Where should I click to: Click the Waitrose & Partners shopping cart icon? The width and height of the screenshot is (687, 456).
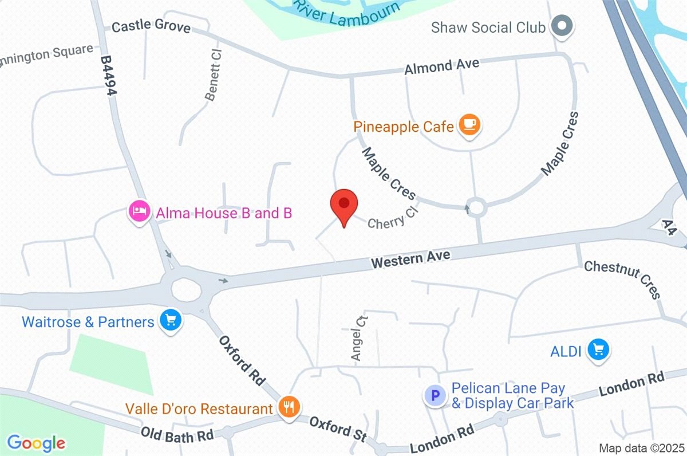pyautogui.click(x=170, y=321)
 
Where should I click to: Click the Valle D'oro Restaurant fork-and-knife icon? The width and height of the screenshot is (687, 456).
pyautogui.click(x=287, y=408)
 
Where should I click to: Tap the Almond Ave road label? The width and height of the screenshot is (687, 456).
pyautogui.click(x=441, y=66)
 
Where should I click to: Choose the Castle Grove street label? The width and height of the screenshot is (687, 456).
pyautogui.click(x=151, y=26)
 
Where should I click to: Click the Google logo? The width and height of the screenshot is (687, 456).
pyautogui.click(x=36, y=443)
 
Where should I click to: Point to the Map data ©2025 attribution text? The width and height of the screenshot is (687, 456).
pyautogui.click(x=641, y=447)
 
